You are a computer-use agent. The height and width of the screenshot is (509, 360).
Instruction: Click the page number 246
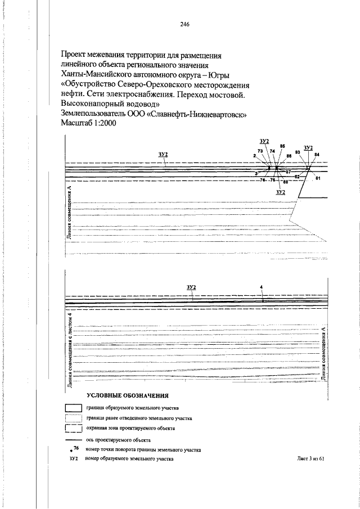(184, 24)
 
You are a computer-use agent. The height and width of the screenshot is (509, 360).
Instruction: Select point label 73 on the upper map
(260, 151)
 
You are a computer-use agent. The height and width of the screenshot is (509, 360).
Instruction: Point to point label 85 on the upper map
(282, 146)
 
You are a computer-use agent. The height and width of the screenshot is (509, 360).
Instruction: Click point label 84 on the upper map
(317, 155)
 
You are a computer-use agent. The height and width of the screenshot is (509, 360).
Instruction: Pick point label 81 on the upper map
(318, 178)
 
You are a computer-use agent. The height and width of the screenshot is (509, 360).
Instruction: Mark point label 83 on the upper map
(298, 152)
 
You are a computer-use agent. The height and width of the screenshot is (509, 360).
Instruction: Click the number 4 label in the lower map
(262, 287)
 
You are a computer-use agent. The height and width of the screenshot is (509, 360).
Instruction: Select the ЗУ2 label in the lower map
(191, 287)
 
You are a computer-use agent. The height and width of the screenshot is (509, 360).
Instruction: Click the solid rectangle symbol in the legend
(74, 408)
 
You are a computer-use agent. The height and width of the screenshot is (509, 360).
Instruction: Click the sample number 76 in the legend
(76, 448)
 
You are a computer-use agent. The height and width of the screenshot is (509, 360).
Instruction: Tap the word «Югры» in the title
(222, 74)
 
